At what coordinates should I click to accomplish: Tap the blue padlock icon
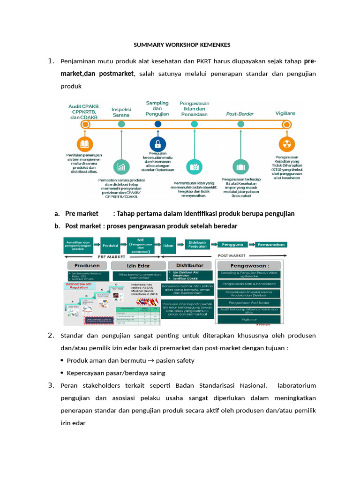point(157,143)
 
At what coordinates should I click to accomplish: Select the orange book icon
point(85,143)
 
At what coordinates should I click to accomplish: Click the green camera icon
point(194,166)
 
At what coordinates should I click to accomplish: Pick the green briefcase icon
point(241,166)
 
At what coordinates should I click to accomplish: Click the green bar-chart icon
point(121,166)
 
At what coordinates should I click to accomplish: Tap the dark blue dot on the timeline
point(157,124)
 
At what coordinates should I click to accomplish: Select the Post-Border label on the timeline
point(240,114)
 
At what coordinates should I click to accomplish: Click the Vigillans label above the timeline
point(286,113)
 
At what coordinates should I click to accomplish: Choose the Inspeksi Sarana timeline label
point(121,112)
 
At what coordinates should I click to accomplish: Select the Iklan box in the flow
point(168,245)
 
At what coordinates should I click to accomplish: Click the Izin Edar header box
point(135,266)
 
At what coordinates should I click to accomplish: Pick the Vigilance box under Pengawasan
point(248,319)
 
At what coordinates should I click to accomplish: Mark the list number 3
point(52,385)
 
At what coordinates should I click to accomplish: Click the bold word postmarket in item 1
point(116,74)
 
